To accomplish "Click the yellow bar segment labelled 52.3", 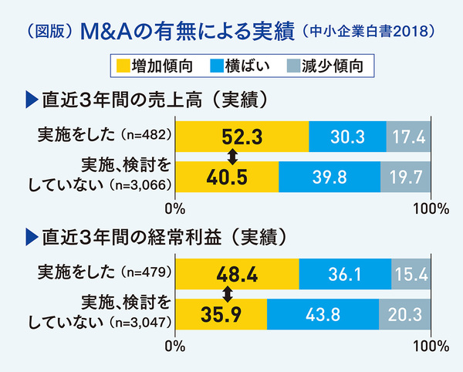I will click(242, 137).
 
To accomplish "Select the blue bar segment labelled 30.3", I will click(346, 137).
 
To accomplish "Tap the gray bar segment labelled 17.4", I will click(408, 137).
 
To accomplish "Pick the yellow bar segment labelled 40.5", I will click(228, 176).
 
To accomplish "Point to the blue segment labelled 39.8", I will click(330, 176).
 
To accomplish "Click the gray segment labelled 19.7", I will click(406, 176).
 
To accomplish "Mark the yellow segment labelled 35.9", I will click(221, 313).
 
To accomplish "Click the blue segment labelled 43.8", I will click(323, 313).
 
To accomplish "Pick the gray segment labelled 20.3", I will click(405, 313).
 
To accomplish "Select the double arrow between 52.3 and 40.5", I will click(231, 157).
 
